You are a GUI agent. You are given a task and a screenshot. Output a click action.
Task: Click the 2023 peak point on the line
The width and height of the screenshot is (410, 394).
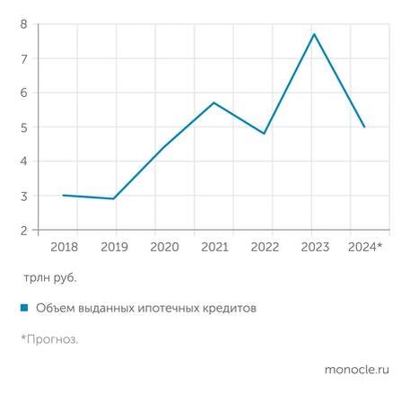coord(314,34)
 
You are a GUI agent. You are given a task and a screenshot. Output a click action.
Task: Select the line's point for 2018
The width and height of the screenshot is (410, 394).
coord(63,195)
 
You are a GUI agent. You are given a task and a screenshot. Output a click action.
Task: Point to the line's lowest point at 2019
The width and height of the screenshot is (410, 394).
coord(113,198)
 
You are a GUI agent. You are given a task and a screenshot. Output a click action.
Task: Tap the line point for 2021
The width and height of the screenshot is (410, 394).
coord(214,102)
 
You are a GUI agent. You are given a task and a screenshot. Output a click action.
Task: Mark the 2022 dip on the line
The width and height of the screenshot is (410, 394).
coord(264,134)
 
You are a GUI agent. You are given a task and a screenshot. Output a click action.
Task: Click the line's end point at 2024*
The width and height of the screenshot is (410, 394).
coord(364,127)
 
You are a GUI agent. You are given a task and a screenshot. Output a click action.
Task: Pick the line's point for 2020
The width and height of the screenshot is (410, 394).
coord(163,147)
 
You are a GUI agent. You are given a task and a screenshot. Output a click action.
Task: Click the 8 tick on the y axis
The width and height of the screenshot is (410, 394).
coord(23,24)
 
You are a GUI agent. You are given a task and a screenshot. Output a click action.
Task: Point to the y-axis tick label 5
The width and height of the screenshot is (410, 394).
coord(23,127)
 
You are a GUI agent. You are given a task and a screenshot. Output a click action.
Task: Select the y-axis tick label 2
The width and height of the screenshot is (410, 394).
coord(23,231)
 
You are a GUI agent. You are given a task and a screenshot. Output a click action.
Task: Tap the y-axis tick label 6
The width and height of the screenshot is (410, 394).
coord(23,93)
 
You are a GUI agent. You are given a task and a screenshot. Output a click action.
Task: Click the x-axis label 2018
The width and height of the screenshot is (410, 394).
coord(63,246)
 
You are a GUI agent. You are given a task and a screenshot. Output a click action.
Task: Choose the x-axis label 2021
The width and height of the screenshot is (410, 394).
coord(214,246)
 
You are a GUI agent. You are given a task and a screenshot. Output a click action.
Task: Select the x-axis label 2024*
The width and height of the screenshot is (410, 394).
coord(364,246)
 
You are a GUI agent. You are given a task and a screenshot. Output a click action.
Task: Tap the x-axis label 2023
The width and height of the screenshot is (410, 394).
coord(314,246)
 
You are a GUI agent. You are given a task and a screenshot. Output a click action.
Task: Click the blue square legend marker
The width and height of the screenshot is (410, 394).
coord(24,308)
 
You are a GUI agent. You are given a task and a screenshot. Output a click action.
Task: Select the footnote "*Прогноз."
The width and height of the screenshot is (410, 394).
coord(49,338)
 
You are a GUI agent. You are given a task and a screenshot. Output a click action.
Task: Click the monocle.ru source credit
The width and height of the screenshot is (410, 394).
coord(356,369)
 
